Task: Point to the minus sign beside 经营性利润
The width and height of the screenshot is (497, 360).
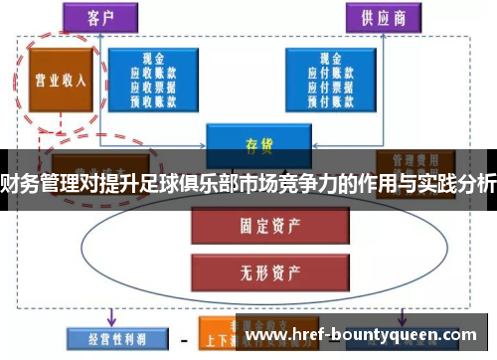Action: [x=182, y=339]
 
